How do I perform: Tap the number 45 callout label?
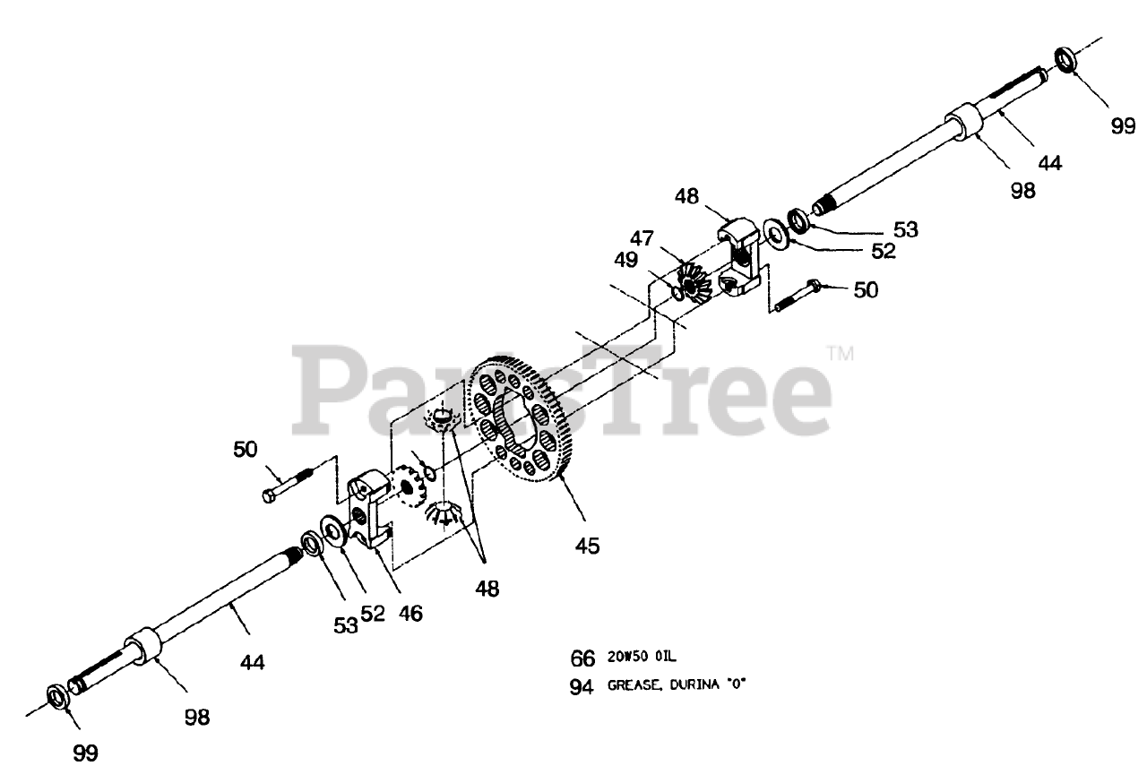tap(587, 545)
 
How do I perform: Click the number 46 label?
tap(410, 614)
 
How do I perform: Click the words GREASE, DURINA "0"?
tap(677, 685)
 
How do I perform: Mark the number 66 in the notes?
tap(582, 659)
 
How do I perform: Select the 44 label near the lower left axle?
tap(252, 662)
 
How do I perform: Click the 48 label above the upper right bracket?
tap(687, 195)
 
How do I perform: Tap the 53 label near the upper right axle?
tap(905, 229)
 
